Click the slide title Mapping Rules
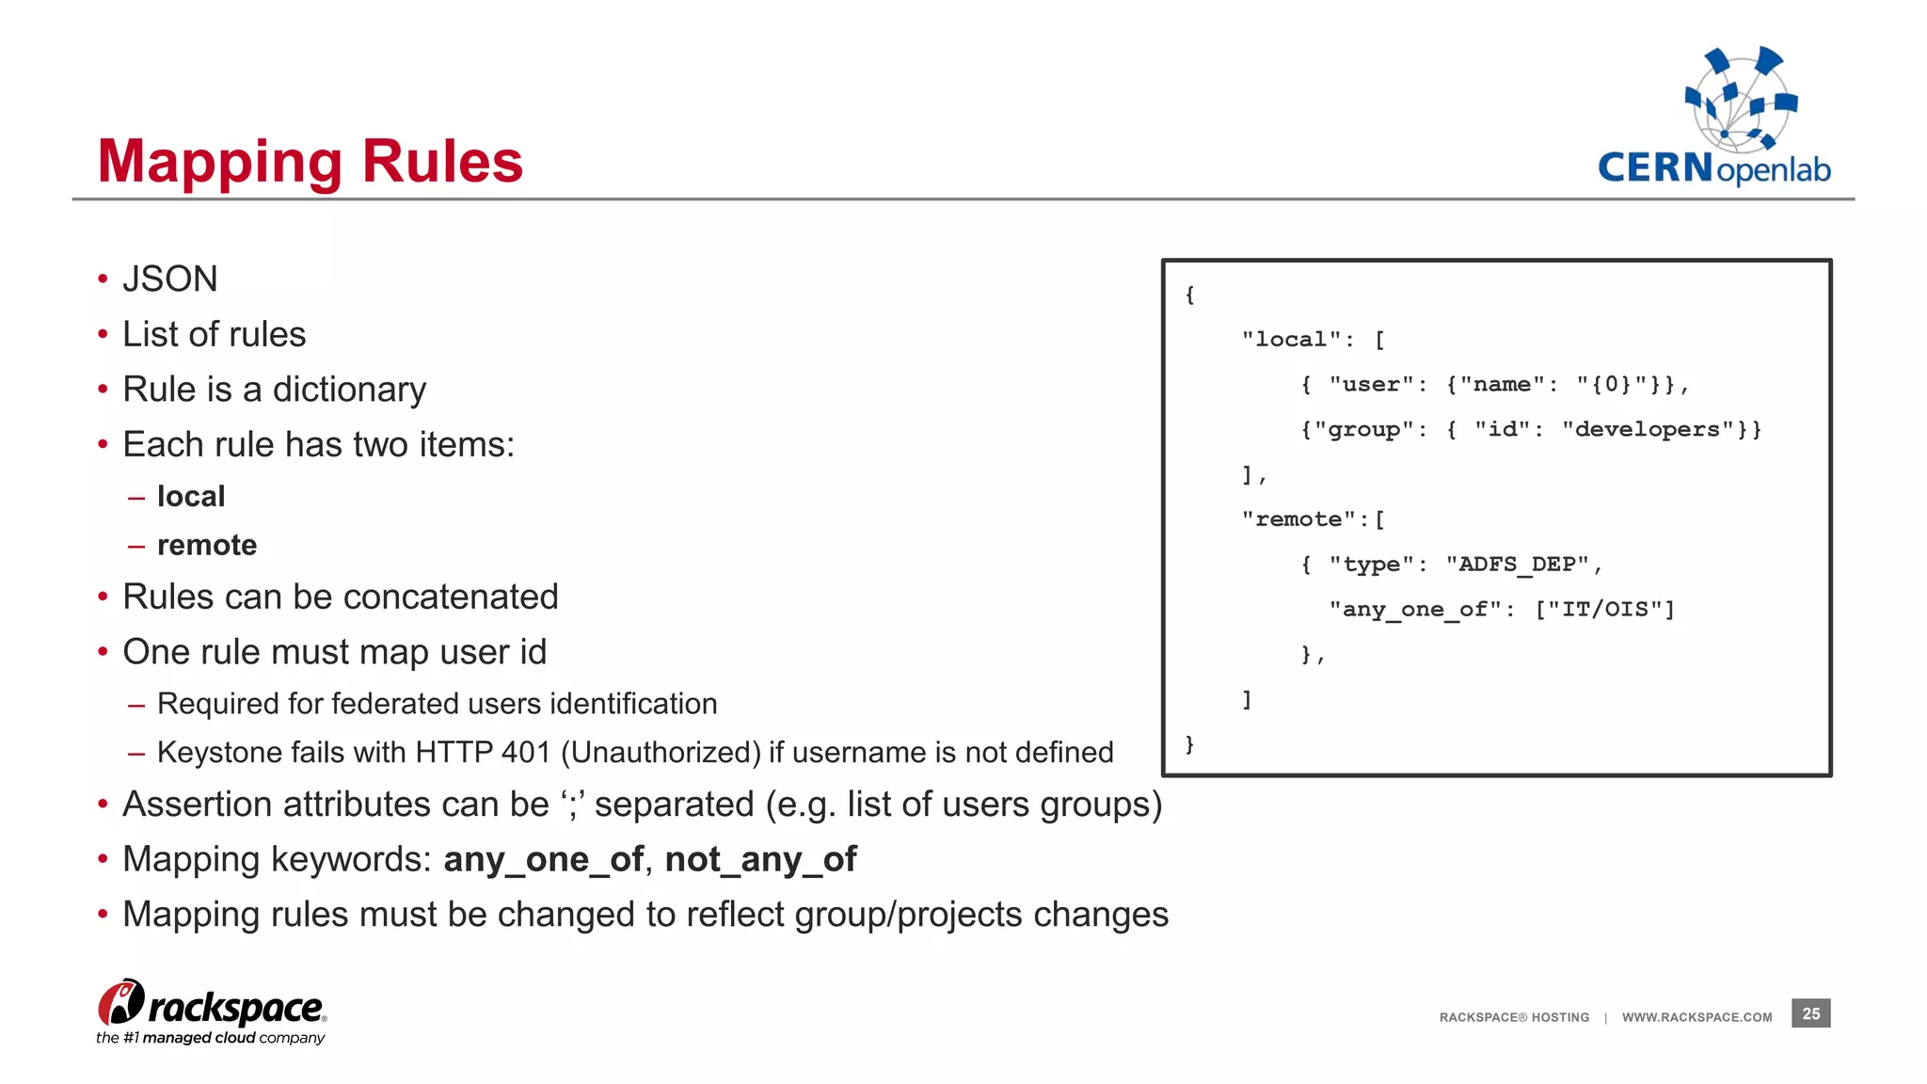(x=310, y=162)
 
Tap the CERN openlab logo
(x=1713, y=117)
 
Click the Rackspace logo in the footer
(x=212, y=1012)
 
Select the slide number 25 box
(x=1810, y=1013)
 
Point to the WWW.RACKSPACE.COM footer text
(x=1696, y=1017)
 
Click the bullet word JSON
(x=170, y=279)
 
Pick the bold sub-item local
(x=191, y=496)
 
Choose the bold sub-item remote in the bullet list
(x=207, y=545)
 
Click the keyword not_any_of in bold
(x=760, y=859)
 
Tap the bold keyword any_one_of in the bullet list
(x=544, y=859)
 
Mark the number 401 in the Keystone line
(x=526, y=752)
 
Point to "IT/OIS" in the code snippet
(x=1604, y=609)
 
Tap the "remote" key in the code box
(x=1298, y=518)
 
